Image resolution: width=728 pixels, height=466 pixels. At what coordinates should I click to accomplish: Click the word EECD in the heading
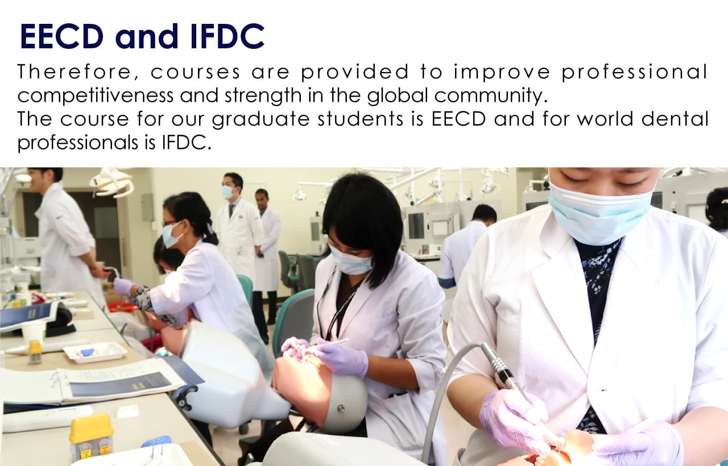[62, 36]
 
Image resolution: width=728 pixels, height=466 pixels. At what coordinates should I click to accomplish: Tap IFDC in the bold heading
[227, 36]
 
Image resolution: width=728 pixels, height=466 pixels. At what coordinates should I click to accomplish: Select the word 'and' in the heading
[147, 36]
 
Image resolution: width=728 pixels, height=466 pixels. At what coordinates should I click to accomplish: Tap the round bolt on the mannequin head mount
[341, 408]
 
